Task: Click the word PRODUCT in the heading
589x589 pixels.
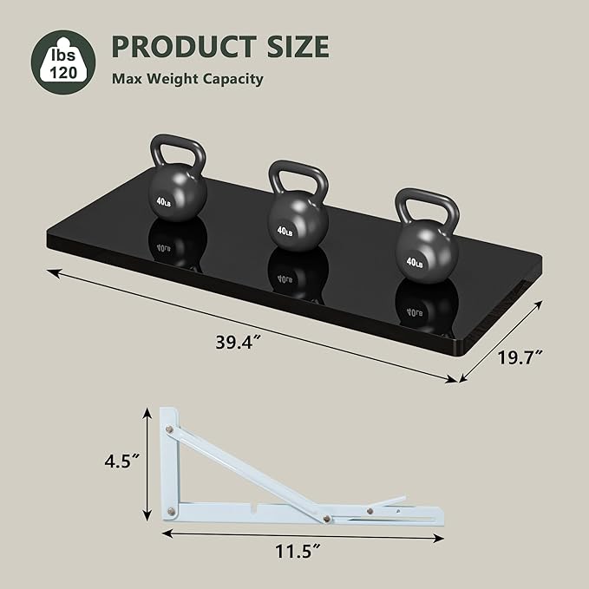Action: point(184,46)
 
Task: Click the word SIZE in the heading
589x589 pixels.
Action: point(298,46)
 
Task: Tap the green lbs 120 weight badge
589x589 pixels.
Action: point(63,62)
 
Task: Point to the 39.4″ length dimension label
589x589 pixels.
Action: point(239,342)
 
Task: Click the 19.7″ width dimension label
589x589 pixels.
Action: point(520,357)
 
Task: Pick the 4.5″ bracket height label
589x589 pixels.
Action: point(122,461)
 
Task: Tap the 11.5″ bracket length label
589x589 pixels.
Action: point(298,551)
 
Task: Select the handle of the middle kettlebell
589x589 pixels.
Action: point(298,180)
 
